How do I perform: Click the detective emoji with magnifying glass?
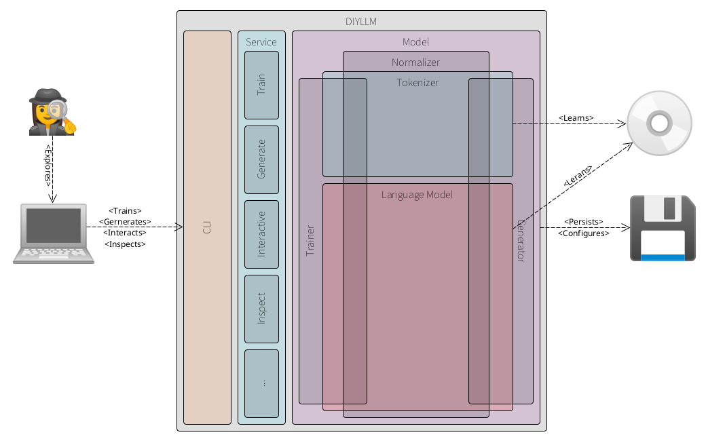tap(52, 112)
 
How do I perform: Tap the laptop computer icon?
tap(54, 233)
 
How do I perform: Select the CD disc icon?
tap(659, 124)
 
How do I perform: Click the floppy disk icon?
tap(663, 228)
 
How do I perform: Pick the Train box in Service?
tap(261, 85)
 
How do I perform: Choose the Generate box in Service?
tap(261, 159)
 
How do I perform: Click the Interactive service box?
tap(261, 234)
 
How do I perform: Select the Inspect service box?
tap(261, 309)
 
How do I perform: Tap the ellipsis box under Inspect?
tap(261, 383)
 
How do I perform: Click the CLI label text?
tap(208, 227)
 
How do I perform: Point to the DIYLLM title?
tap(361, 22)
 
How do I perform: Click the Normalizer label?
tap(415, 62)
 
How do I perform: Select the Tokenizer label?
tap(417, 83)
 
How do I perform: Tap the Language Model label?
tap(417, 195)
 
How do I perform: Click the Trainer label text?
tap(310, 240)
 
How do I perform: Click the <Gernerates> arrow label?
tap(125, 222)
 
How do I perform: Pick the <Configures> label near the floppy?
tap(583, 233)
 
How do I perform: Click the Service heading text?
tap(261, 42)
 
